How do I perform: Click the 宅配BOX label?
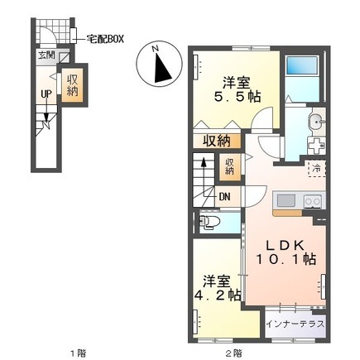(105, 39)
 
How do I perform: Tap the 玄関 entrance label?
(46, 55)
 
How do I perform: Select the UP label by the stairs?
(46, 94)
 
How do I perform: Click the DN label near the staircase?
(225, 197)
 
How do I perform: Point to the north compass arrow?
(161, 68)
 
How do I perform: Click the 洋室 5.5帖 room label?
(237, 89)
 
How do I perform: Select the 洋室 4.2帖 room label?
(218, 288)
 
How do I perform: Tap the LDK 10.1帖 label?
(286, 252)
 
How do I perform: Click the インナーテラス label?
(295, 324)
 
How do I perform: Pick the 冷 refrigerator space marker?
(317, 168)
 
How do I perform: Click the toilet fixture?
(209, 222)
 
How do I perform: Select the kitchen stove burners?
(313, 201)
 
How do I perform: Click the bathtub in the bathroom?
(302, 65)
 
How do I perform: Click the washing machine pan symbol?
(316, 146)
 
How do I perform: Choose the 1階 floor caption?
(77, 353)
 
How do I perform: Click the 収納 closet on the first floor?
(72, 85)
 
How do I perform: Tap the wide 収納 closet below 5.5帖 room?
(217, 142)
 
